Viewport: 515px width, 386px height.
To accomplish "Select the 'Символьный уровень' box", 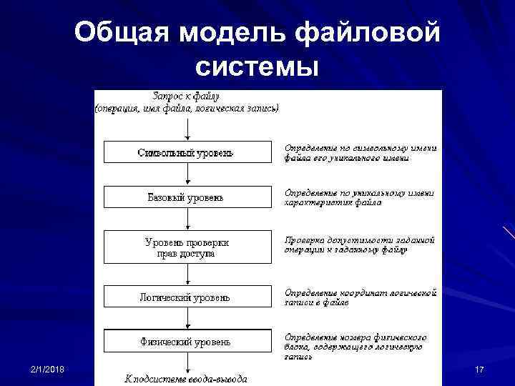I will tap(187, 152).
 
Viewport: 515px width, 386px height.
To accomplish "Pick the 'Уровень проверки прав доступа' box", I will tap(187, 247).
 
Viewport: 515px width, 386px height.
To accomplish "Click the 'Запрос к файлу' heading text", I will tap(187, 95).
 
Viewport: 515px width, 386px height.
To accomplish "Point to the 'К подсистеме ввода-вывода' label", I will tap(187, 378).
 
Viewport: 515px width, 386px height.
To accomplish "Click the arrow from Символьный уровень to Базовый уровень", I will tap(187, 174).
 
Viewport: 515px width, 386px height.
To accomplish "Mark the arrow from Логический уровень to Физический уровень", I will tap(187, 319).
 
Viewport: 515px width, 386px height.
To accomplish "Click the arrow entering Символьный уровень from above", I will tap(187, 129).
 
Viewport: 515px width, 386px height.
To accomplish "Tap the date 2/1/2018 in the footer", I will tap(48, 368).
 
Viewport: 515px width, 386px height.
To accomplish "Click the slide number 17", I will tap(479, 369).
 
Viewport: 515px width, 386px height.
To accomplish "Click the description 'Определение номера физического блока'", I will tap(356, 346).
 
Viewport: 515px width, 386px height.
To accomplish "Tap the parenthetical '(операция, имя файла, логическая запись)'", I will tap(187, 108).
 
